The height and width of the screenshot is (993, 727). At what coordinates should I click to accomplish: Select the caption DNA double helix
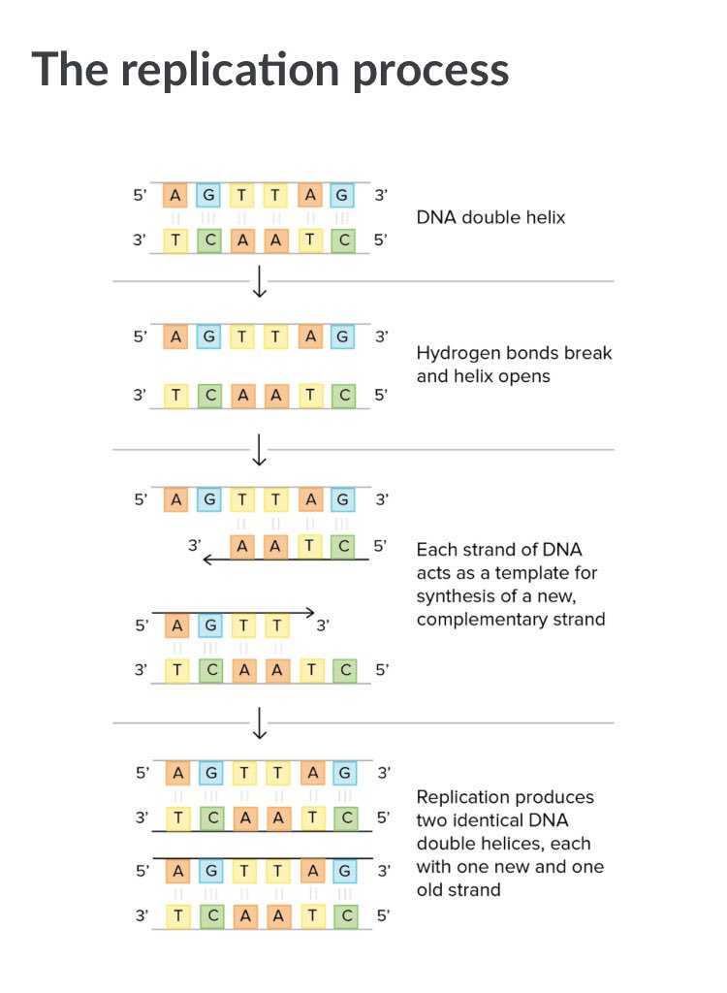[490, 217]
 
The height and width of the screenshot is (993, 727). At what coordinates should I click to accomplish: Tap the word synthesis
[458, 595]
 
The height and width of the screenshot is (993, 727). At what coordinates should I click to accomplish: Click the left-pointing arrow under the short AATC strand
[285, 560]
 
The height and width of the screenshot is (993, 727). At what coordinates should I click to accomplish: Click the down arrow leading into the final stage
[259, 722]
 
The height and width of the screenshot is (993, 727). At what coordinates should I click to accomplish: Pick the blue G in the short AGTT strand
[210, 625]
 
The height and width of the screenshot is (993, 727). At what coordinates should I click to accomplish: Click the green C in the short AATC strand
[342, 546]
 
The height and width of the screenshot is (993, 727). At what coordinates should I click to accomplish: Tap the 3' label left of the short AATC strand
[195, 546]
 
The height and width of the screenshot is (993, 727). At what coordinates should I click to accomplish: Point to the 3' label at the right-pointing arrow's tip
[324, 625]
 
